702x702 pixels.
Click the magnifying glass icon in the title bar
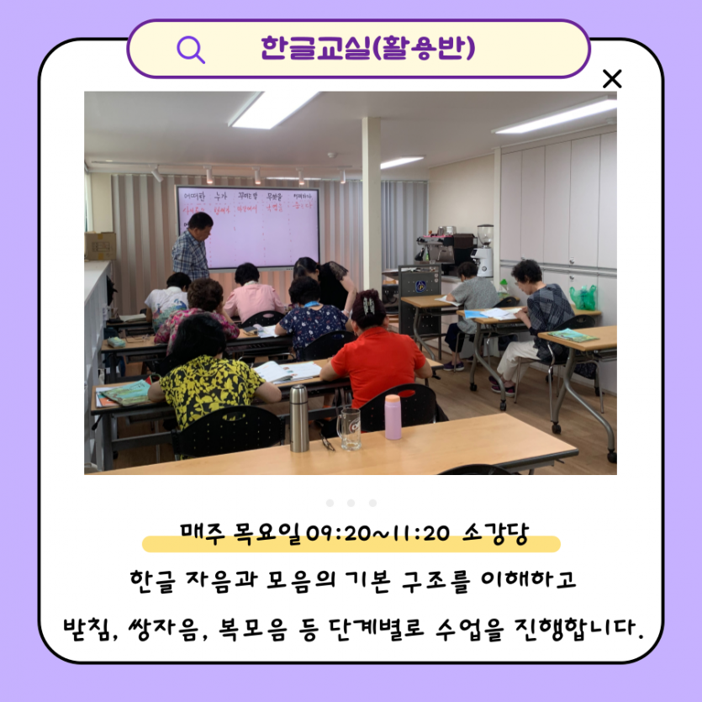191,50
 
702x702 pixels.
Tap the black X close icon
612,80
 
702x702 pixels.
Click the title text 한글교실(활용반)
368,48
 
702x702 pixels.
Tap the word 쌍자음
166,627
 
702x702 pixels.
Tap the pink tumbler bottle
393,417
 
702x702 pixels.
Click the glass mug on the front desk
348,427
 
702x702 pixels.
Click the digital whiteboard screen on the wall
247,225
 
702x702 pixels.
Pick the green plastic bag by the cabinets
583,297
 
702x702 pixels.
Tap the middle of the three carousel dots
351,503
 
